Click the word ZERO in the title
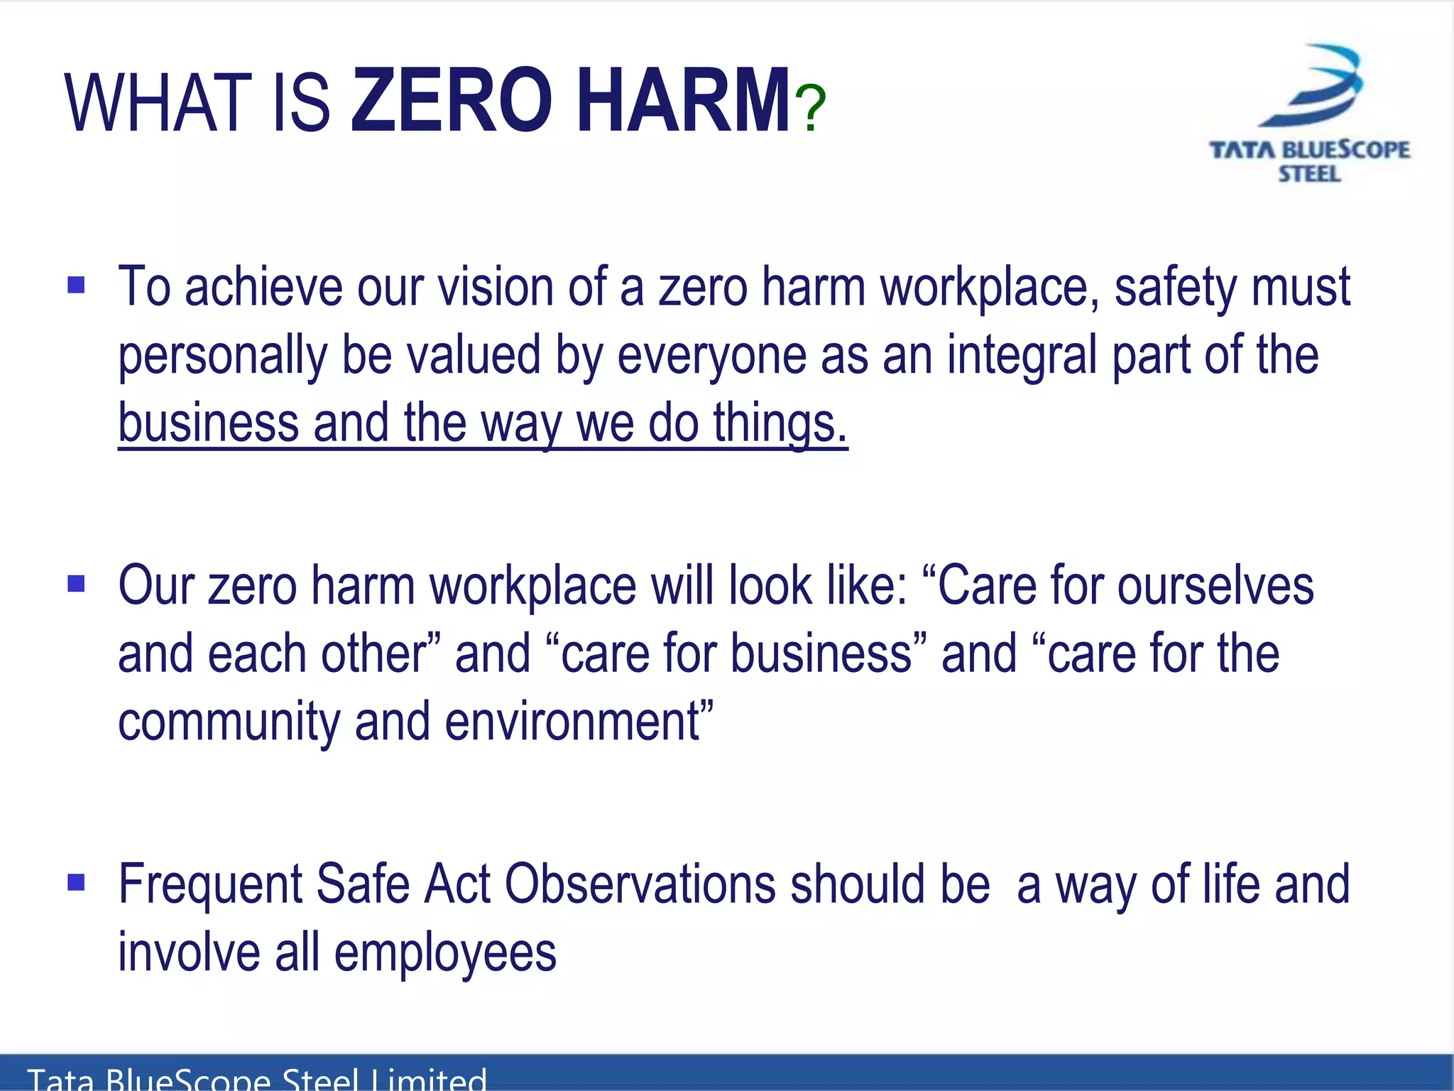(452, 101)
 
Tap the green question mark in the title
(810, 109)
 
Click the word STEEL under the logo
(1309, 174)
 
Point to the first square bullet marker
(76, 286)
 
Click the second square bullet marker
(76, 584)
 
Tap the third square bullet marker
(76, 882)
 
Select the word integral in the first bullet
(1022, 355)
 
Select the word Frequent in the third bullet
(210, 885)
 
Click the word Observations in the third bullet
(640, 884)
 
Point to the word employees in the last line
(445, 953)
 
